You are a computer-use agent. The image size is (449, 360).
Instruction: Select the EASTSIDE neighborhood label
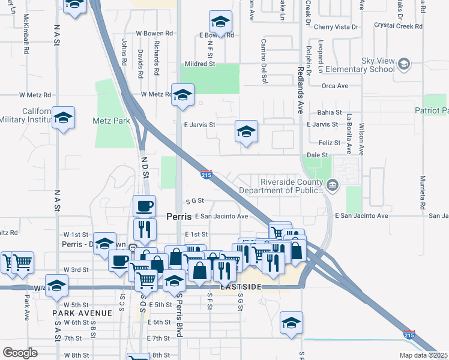[x=241, y=287]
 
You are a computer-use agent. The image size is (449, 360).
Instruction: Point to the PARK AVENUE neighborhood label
[x=82, y=313]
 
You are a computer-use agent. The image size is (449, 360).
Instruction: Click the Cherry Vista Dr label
[x=336, y=27]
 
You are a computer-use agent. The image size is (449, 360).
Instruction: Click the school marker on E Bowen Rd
[x=220, y=23]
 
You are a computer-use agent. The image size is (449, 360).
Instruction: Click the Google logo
[x=20, y=353]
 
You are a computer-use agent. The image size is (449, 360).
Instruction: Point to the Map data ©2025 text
[x=423, y=355]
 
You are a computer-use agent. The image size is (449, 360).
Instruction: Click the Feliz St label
[x=330, y=143]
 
